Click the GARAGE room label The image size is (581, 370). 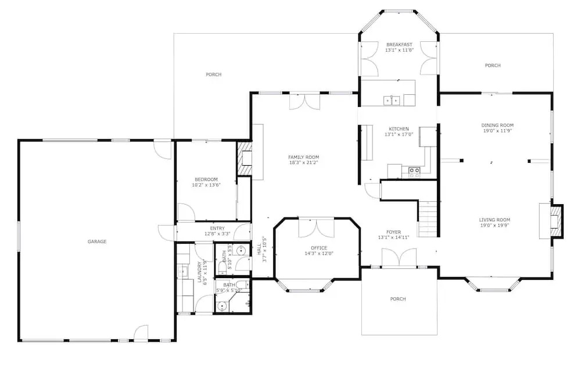[97, 241]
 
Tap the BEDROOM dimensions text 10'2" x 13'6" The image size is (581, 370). [206, 185]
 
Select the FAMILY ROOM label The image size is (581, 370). [303, 157]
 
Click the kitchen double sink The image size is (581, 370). [392, 100]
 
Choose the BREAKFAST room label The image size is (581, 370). [399, 45]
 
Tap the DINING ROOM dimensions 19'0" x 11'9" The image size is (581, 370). [497, 131]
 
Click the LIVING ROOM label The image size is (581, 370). [494, 220]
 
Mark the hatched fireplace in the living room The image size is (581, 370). [556, 222]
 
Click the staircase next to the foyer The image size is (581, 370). [429, 218]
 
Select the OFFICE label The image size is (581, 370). [319, 248]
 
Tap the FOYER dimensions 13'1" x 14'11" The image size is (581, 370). [393, 237]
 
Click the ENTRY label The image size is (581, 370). [217, 229]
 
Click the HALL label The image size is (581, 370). [259, 252]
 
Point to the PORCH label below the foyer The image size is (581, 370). [398, 299]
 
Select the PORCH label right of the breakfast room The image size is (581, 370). [493, 65]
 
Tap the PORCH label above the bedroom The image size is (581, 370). [214, 74]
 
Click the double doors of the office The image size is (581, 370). [317, 229]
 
